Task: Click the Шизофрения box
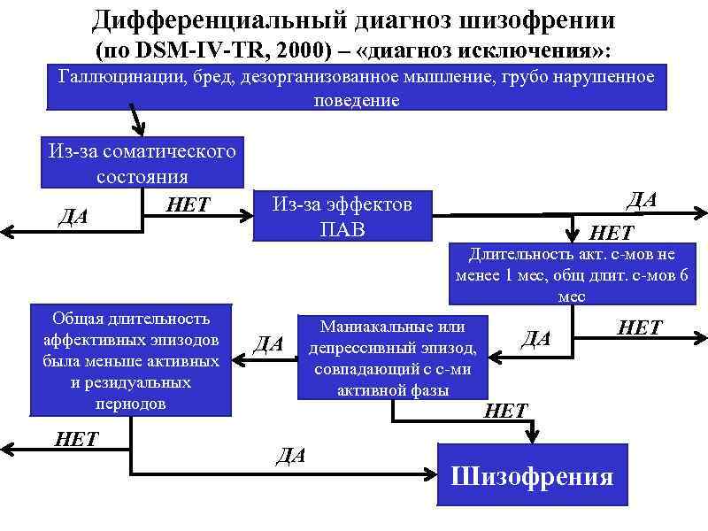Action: pos(532,476)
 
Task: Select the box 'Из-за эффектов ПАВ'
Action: pos(342,217)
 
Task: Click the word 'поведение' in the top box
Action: pos(357,101)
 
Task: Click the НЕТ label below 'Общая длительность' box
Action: pos(75,440)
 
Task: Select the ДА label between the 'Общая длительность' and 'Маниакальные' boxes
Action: pos(269,343)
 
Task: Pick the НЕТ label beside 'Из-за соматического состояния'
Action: pos(188,206)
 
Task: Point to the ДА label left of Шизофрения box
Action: pos(291,456)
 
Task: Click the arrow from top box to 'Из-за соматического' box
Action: pos(136,116)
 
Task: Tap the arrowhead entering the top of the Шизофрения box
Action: pos(532,435)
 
